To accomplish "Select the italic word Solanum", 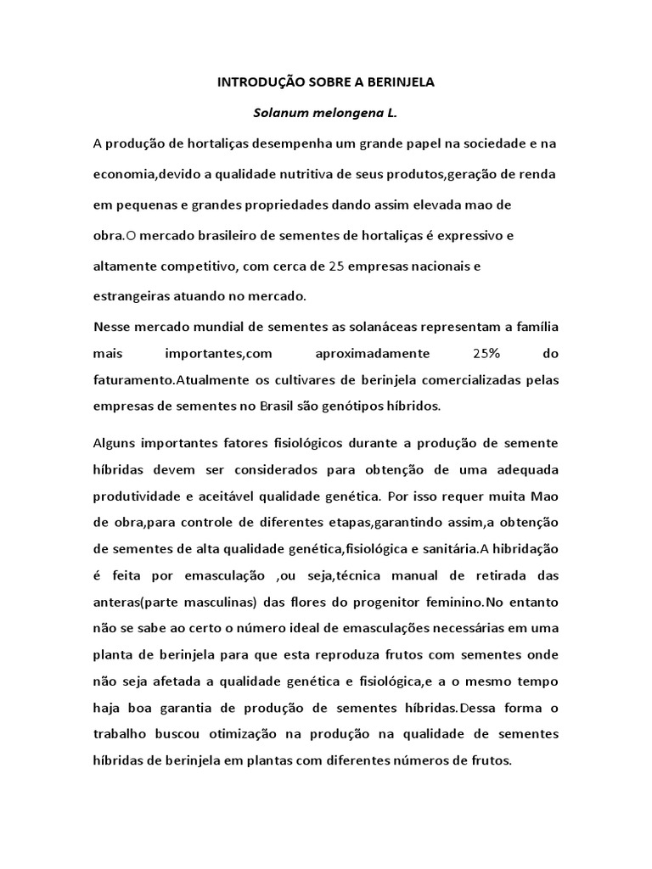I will click(x=267, y=113).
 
